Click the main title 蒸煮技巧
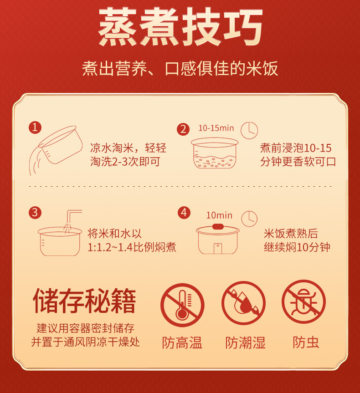point(180,27)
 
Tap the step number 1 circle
point(35,128)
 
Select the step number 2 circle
point(183,129)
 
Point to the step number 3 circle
point(35,213)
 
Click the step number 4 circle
point(184,213)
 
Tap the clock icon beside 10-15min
point(249,130)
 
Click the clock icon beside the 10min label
point(249,219)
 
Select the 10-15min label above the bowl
point(216,128)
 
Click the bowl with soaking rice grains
point(215,153)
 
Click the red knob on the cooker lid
point(218,227)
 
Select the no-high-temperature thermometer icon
point(182,305)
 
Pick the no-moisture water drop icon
point(243,303)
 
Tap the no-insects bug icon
point(303,302)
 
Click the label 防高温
point(182,342)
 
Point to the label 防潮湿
point(245,342)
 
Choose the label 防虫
point(306,342)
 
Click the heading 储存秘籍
point(84,301)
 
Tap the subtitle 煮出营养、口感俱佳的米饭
point(180,68)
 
